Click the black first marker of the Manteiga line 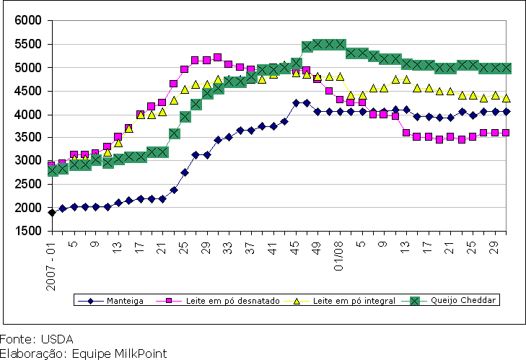pos(52,212)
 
